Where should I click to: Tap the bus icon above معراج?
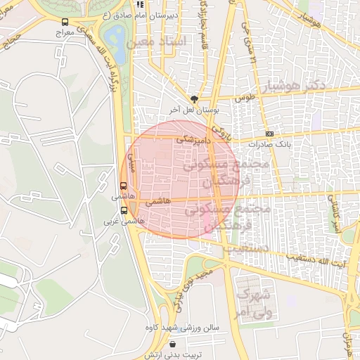coord(65,22)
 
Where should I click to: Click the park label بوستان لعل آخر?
coord(194,110)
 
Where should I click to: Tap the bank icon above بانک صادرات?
coord(269,134)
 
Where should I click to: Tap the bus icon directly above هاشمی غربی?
coord(124,210)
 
